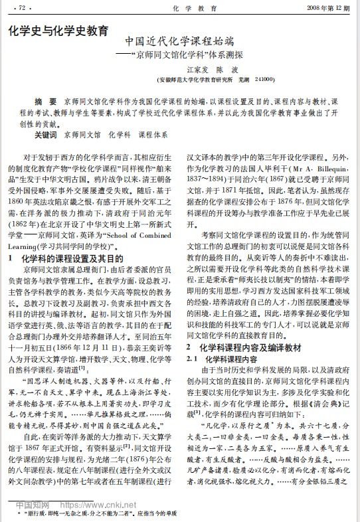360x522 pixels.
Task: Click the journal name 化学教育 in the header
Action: [181, 9]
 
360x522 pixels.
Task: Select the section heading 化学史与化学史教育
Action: [60, 31]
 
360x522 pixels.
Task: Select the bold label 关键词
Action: [46, 135]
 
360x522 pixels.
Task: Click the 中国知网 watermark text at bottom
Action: [33, 504]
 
